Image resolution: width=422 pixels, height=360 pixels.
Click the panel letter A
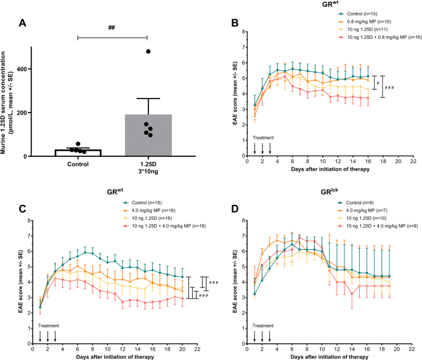pyautogui.click(x=23, y=23)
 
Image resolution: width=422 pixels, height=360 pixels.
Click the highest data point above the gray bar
pyautogui.click(x=148, y=51)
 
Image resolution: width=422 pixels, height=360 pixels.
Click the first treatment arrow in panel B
pyautogui.click(x=255, y=148)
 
